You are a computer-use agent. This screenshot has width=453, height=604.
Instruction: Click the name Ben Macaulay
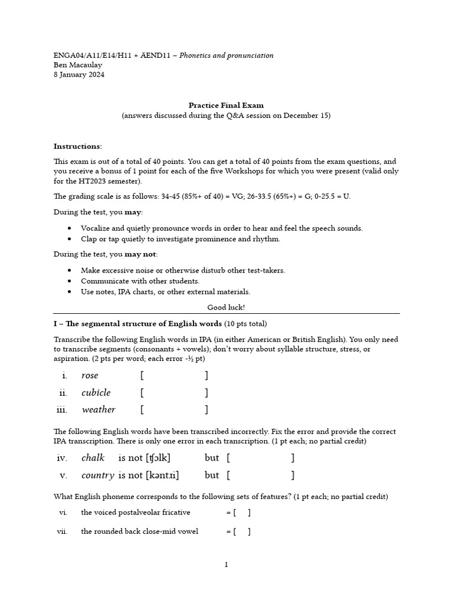pos(78,65)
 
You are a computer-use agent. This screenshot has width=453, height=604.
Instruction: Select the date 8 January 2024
pos(79,75)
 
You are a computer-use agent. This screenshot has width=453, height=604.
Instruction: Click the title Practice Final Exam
pos(226,106)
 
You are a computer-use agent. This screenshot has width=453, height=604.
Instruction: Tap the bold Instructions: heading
pos(78,146)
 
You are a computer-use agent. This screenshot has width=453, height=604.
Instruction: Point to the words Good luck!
pos(226,307)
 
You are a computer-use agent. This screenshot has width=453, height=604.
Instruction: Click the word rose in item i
pos(90,376)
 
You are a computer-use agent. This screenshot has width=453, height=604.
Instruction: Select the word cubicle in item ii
pos(96,393)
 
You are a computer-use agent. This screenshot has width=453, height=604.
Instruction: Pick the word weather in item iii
pos(99,410)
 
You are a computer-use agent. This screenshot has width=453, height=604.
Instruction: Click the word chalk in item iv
pos(93,458)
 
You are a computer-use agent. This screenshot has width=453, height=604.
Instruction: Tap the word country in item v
pos(98,475)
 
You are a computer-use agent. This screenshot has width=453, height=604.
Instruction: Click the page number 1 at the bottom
pos(226,564)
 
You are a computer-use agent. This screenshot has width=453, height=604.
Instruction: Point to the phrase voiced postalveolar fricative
pos(136,513)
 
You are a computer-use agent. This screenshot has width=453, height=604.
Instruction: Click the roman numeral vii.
pos(62,531)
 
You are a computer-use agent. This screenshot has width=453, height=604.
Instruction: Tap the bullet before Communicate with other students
pos(70,281)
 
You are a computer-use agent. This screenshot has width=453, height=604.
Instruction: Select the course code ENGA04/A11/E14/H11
pos(92,55)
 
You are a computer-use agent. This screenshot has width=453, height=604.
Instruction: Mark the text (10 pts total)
pos(245,324)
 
